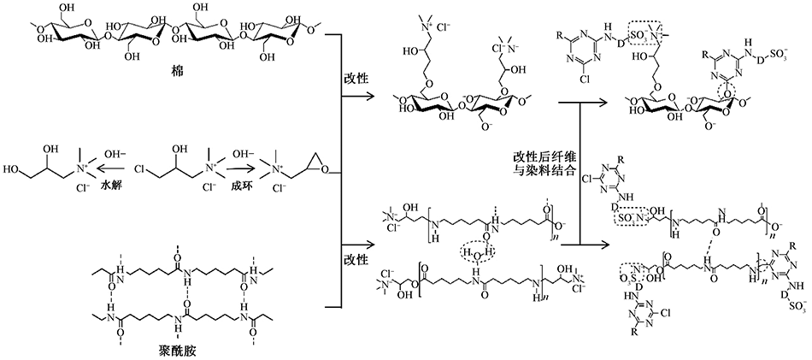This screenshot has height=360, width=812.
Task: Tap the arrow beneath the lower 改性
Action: point(358,274)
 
